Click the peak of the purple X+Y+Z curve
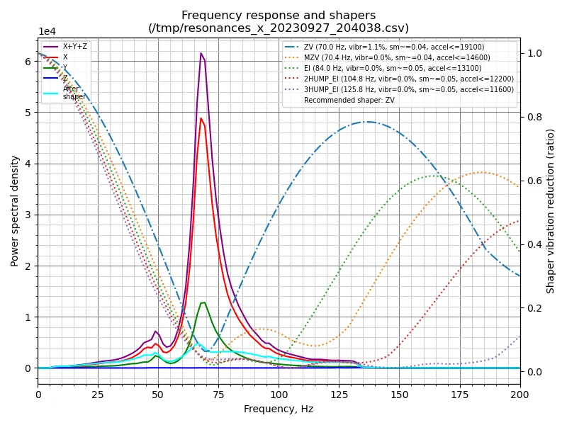(201, 53)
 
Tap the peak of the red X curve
(201, 118)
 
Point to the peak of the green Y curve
(203, 302)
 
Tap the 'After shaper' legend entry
(74, 93)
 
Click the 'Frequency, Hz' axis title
(279, 409)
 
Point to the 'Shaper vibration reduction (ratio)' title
(551, 211)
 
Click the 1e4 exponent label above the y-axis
(47, 32)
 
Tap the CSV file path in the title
(279, 28)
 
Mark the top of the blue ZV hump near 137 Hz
(368, 122)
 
